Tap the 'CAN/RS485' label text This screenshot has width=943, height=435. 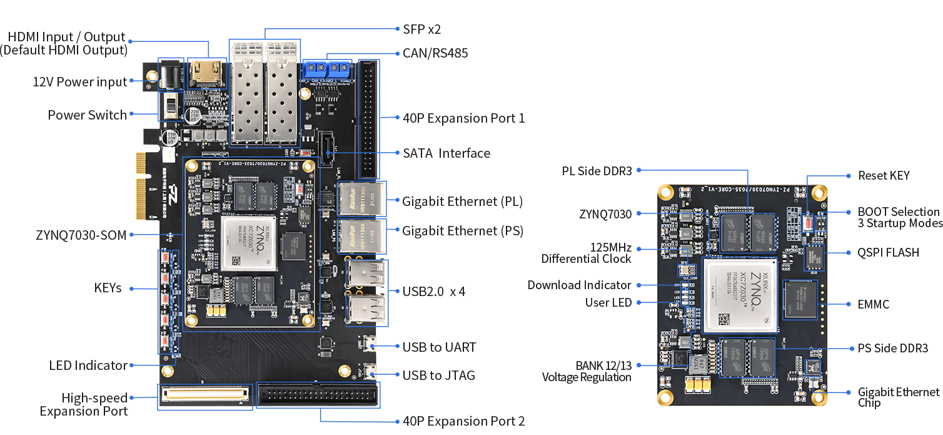click(x=435, y=53)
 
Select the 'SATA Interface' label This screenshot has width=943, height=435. click(x=446, y=153)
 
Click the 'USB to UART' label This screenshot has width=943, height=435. click(x=439, y=347)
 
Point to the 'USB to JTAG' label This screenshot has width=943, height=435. click(x=438, y=376)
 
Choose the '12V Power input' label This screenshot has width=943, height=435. click(x=79, y=82)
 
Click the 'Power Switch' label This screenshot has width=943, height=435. click(x=87, y=115)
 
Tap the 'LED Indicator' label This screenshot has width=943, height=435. click(x=88, y=366)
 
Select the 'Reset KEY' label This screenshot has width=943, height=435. click(x=884, y=176)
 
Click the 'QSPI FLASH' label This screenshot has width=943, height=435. click(x=888, y=253)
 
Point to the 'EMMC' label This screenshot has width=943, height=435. click(x=874, y=304)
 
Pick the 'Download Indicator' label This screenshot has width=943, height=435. click(x=579, y=285)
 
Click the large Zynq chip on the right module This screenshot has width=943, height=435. click(x=740, y=295)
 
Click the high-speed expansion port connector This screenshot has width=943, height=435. click(x=204, y=395)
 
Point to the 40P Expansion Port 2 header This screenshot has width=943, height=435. click(x=318, y=395)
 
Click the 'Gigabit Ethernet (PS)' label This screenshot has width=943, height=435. click(x=462, y=231)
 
